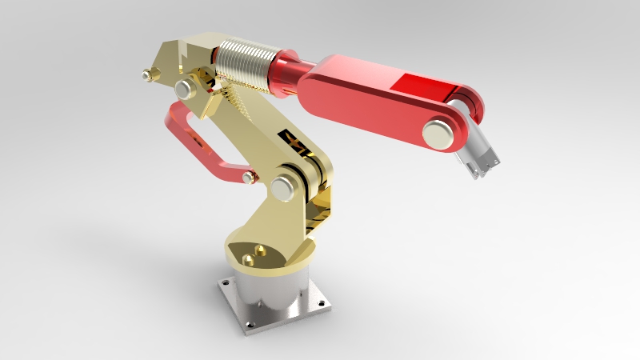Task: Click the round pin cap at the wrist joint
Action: (x=437, y=132)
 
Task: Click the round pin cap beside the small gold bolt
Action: (x=184, y=88)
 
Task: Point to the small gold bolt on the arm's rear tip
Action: (x=146, y=75)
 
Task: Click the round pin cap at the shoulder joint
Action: (x=282, y=189)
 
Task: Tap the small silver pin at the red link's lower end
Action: (x=249, y=177)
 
